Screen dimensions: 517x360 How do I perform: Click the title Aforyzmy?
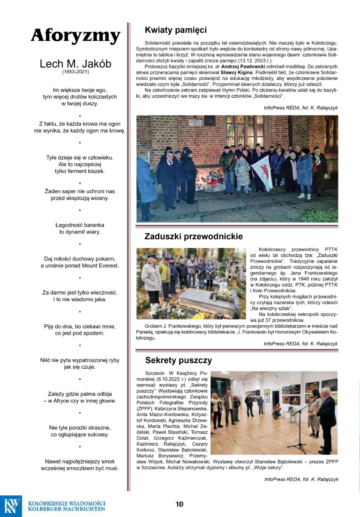(x=76, y=36)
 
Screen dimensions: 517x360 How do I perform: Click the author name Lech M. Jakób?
(x=75, y=64)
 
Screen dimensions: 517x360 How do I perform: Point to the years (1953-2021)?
(x=75, y=72)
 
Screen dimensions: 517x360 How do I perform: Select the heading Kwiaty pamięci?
(x=176, y=30)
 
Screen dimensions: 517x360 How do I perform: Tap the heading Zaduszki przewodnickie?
(x=194, y=236)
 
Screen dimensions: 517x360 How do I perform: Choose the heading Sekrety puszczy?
(x=179, y=360)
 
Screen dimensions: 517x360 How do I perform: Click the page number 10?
(x=180, y=504)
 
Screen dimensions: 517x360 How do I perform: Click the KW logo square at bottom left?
(x=11, y=506)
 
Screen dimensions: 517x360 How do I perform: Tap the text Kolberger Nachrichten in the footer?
(x=67, y=509)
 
